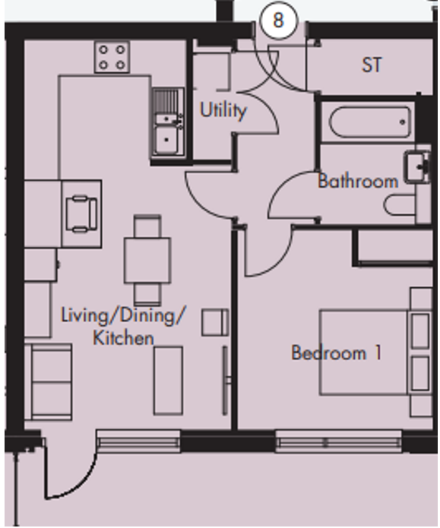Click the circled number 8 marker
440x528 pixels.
(x=278, y=21)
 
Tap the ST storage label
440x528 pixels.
(x=372, y=65)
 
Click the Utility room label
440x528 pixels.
(x=223, y=110)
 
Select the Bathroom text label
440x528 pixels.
(x=358, y=181)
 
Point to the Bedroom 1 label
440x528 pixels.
(x=336, y=353)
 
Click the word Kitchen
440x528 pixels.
(x=123, y=338)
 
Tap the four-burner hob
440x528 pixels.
(x=112, y=57)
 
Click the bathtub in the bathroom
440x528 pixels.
(x=370, y=122)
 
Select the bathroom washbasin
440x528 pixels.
(x=418, y=167)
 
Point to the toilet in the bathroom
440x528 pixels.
(x=399, y=205)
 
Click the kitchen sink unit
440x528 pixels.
(x=168, y=122)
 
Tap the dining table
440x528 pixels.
(x=147, y=260)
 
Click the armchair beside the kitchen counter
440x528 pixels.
(x=81, y=214)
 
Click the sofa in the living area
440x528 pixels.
(x=52, y=382)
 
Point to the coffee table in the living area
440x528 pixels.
(x=169, y=381)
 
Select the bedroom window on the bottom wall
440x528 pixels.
(x=339, y=442)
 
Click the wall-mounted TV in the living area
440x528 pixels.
(x=225, y=381)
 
